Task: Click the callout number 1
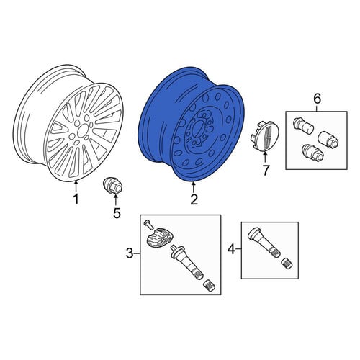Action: (x=76, y=199)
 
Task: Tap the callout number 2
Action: (x=194, y=199)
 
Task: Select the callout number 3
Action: (x=130, y=253)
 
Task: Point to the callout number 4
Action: (x=231, y=249)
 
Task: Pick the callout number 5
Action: (x=117, y=213)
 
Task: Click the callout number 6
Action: (x=317, y=99)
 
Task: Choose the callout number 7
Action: (x=266, y=170)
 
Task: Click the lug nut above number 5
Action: (x=113, y=186)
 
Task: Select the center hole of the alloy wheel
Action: (x=82, y=130)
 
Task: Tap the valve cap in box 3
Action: (x=209, y=286)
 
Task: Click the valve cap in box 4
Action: (x=287, y=264)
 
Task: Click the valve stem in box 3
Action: (x=186, y=262)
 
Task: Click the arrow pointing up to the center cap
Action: (x=265, y=158)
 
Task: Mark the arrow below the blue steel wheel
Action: (x=193, y=187)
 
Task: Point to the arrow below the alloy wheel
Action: (x=76, y=186)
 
